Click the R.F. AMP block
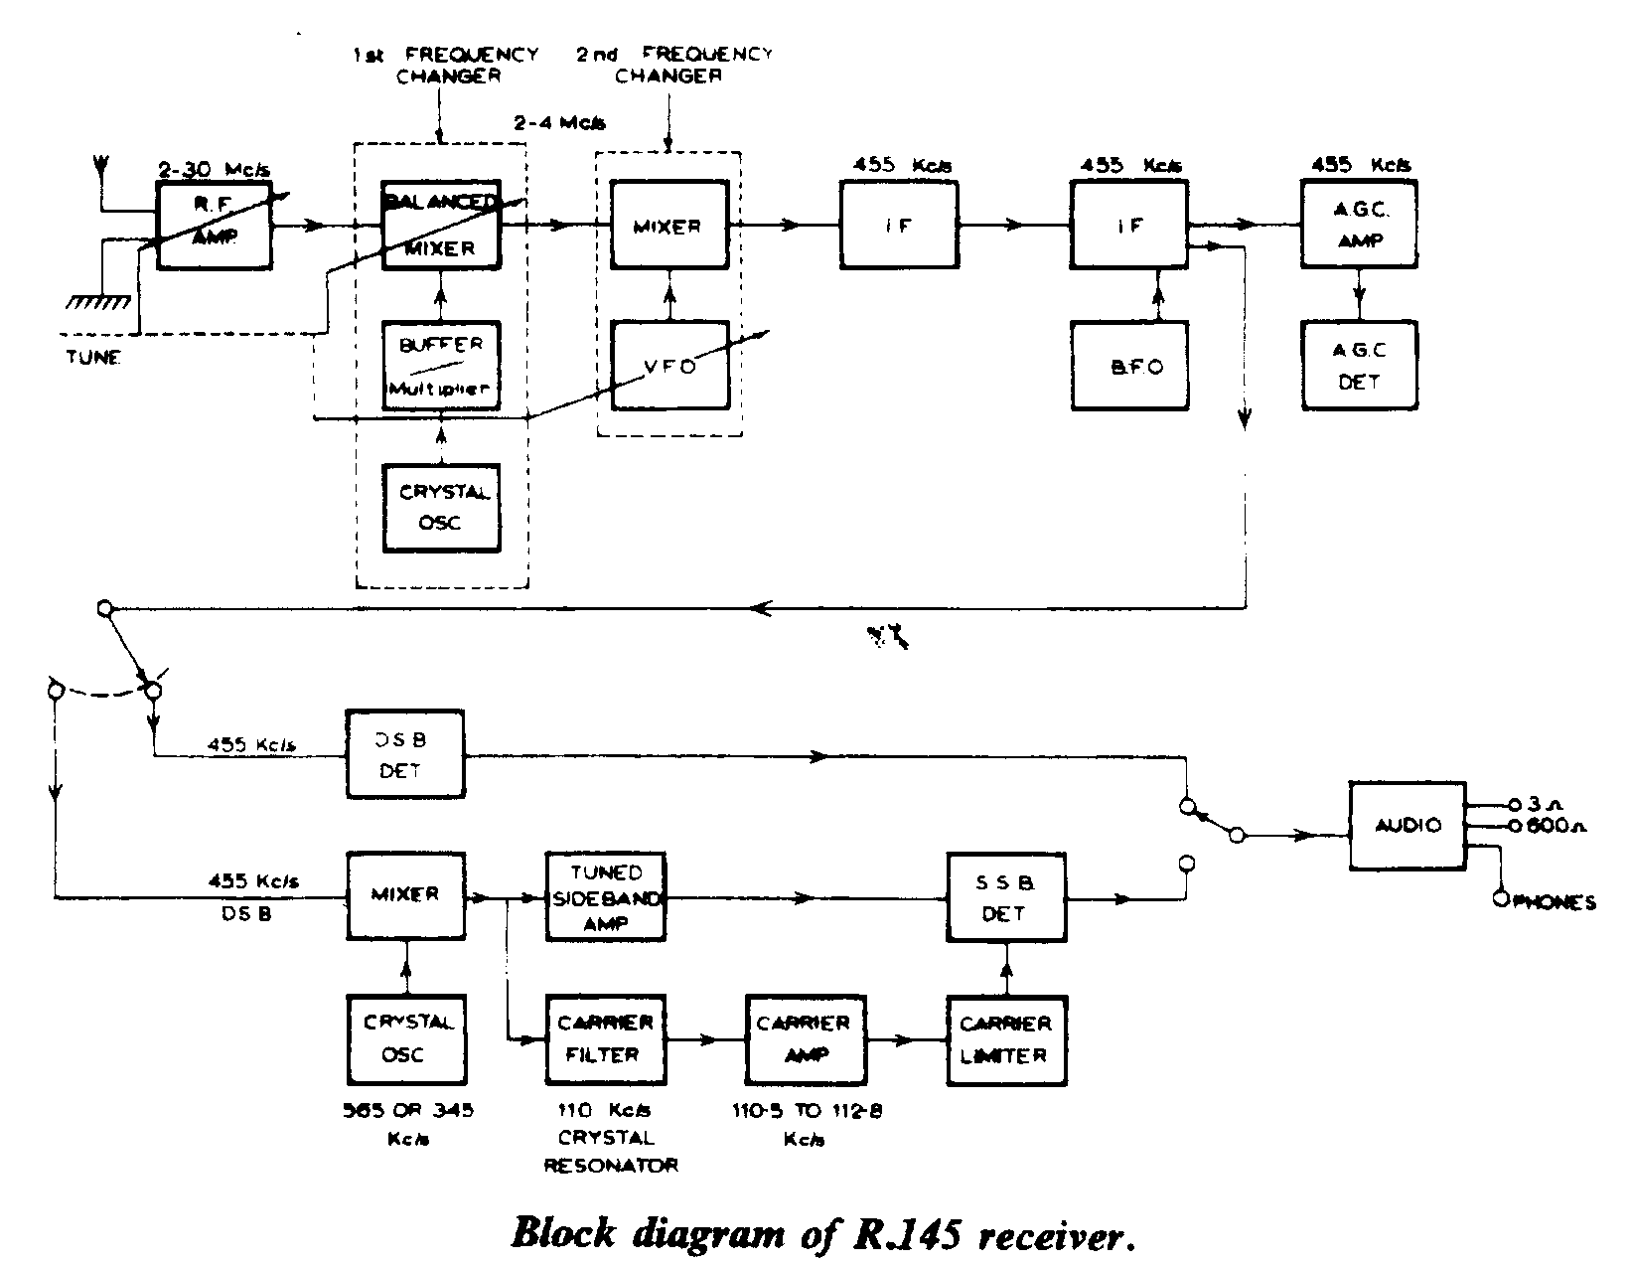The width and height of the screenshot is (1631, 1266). (215, 226)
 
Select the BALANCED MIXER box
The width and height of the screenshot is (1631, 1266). (441, 226)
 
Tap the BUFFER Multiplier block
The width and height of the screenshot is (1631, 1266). (441, 365)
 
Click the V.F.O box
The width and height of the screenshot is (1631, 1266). (668, 365)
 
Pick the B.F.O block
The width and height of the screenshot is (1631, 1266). (1130, 365)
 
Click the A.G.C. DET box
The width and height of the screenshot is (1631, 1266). (1359, 365)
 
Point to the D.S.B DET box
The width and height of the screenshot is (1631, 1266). (404, 754)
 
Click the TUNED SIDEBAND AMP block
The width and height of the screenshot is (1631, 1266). (606, 897)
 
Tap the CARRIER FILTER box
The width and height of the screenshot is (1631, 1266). (606, 1039)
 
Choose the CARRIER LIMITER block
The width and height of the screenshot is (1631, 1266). (1005, 1039)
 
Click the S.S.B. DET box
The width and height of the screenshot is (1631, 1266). (1005, 897)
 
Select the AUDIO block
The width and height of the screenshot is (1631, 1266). (1407, 825)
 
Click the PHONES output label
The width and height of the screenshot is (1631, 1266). (1555, 902)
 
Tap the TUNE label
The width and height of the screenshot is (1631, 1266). (92, 358)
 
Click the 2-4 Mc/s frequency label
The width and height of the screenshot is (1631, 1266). (559, 123)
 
